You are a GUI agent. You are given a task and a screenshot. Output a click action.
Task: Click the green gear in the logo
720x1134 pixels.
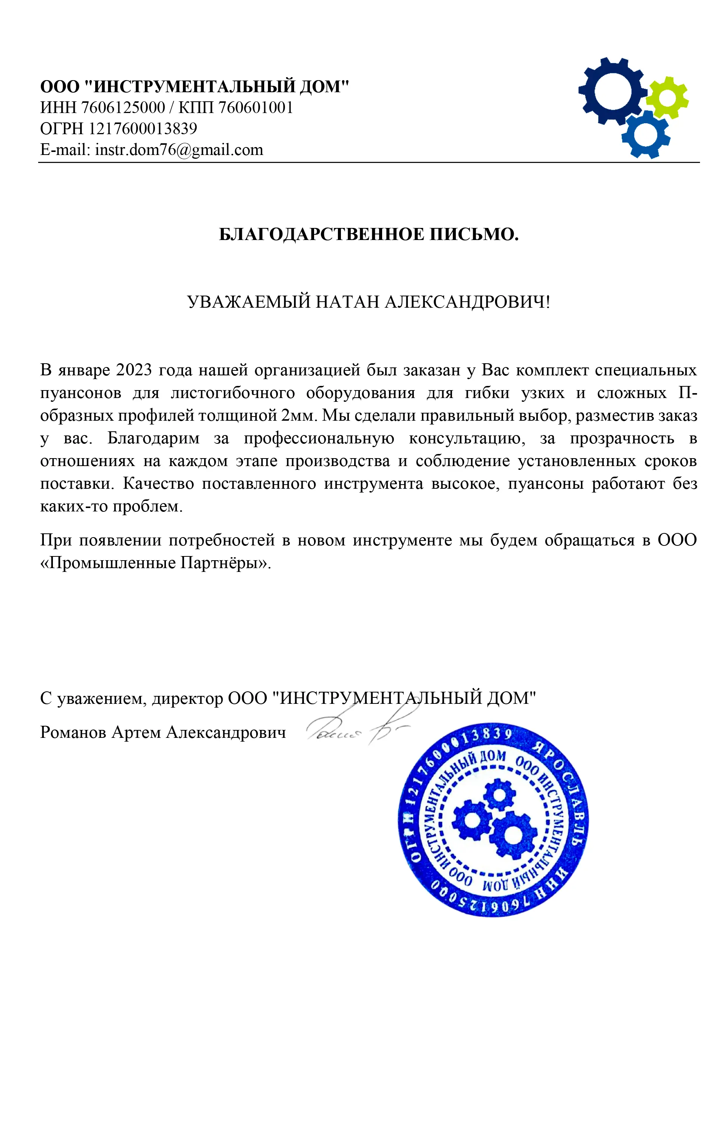pyautogui.click(x=667, y=98)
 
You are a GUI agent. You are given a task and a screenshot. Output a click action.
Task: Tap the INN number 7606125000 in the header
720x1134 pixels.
pyautogui.click(x=123, y=107)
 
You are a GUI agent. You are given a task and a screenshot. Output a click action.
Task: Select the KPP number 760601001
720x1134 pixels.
pyautogui.click(x=255, y=107)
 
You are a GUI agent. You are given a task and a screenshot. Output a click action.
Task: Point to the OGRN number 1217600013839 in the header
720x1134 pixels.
pyautogui.click(x=143, y=129)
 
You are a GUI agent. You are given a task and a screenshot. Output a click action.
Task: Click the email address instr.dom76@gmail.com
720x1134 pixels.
pyautogui.click(x=179, y=150)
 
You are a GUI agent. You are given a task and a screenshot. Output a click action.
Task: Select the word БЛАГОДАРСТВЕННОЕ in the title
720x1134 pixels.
pyautogui.click(x=321, y=234)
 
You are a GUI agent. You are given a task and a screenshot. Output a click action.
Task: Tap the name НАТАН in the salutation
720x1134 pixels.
pyautogui.click(x=347, y=302)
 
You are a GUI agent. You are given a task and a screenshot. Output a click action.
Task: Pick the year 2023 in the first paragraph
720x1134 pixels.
pyautogui.click(x=134, y=370)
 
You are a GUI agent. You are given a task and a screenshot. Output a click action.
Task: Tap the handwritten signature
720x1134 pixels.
pyautogui.click(x=358, y=731)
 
